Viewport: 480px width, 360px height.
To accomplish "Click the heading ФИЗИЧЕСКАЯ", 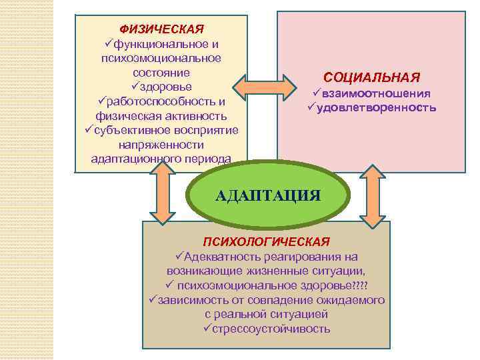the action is [161, 29].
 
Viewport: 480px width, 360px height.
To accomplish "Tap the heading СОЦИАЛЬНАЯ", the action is [371, 77].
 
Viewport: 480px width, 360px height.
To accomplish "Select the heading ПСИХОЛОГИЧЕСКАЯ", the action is [266, 241].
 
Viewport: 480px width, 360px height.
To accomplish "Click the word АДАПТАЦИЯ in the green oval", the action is [269, 195].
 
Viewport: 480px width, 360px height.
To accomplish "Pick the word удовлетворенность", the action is [376, 107].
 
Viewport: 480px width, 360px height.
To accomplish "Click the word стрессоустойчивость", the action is [271, 329].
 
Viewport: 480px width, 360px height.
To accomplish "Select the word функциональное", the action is [157, 44].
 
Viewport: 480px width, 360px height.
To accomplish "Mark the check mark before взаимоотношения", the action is [318, 93].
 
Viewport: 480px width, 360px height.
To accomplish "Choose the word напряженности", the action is [161, 145].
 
